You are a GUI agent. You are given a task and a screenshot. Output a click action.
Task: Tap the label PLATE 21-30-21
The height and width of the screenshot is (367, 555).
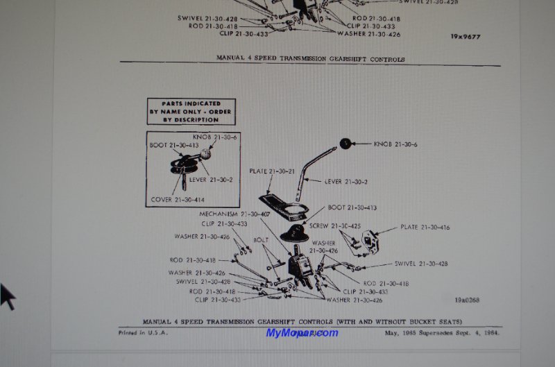(271, 170)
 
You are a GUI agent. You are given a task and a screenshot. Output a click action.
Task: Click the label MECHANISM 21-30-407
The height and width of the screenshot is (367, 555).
(234, 214)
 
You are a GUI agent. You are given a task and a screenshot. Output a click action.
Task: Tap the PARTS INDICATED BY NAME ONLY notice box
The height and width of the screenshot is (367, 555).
(190, 111)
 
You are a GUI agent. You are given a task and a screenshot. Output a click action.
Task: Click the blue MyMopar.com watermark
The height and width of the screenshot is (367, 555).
(302, 333)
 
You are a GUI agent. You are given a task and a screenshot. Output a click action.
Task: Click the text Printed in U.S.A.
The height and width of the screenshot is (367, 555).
(144, 333)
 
